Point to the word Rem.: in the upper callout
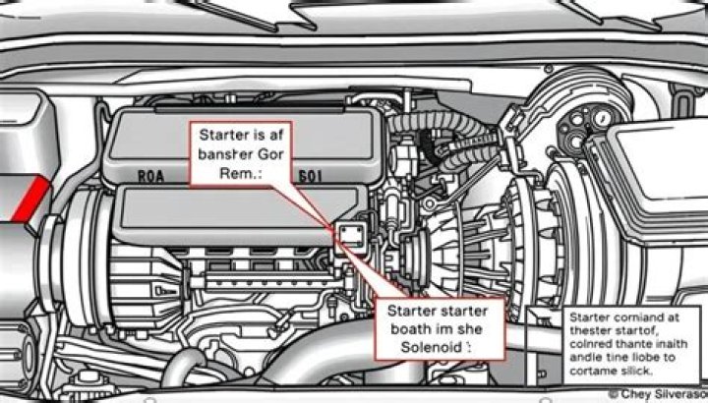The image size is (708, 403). [x=241, y=173]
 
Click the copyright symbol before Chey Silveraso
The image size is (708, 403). [x=613, y=393]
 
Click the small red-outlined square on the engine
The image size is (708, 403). [x=350, y=234]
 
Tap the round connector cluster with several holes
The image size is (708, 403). [x=584, y=123]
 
